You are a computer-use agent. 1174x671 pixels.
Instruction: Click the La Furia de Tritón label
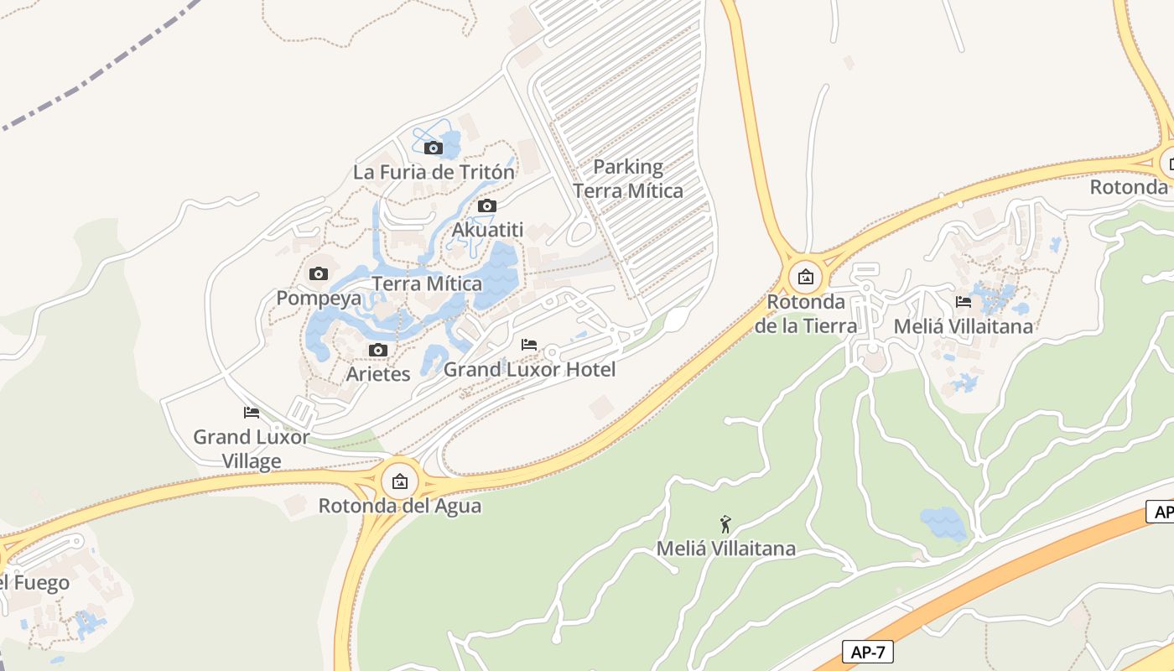pos(434,172)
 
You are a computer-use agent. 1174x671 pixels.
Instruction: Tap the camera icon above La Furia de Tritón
pos(434,148)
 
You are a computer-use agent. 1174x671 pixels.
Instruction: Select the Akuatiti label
pos(487,230)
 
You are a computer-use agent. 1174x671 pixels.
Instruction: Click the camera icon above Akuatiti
pos(486,205)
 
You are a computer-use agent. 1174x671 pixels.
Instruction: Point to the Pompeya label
pos(319,298)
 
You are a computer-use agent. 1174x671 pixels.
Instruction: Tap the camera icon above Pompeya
pos(319,273)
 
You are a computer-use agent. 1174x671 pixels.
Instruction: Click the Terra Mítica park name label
pos(427,283)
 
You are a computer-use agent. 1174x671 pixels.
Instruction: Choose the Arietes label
pos(378,374)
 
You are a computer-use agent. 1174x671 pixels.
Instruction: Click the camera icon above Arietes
pos(378,350)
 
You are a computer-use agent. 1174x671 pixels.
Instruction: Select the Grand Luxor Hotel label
pos(529,369)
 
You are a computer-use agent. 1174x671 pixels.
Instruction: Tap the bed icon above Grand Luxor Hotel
pos(529,345)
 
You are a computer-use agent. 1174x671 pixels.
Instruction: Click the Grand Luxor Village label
pos(251,449)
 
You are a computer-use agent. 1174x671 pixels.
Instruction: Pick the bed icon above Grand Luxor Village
pos(251,412)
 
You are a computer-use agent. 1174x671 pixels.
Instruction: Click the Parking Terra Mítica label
pos(628,179)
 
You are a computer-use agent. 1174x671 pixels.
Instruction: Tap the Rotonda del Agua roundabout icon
pos(400,481)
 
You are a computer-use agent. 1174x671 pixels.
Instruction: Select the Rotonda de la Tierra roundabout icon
pos(805,276)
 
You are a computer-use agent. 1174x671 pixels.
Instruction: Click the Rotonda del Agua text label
pos(400,506)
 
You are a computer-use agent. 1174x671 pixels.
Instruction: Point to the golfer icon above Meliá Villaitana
pos(725,525)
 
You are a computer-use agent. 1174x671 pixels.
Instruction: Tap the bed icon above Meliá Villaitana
pos(964,302)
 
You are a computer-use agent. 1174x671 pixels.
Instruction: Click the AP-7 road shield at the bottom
pos(867,652)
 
